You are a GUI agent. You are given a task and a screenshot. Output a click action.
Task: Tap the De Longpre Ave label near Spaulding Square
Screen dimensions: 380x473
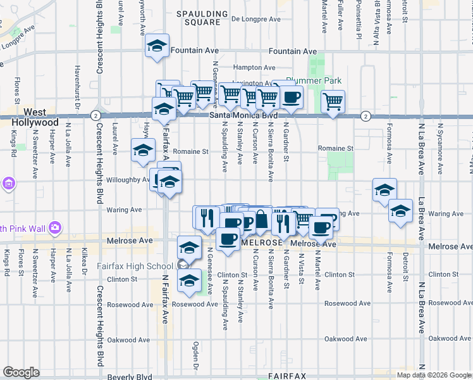point(255,19)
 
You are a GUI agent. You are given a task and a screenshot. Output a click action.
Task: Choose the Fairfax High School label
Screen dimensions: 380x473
point(135,266)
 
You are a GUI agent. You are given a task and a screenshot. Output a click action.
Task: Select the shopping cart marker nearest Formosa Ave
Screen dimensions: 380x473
point(333,101)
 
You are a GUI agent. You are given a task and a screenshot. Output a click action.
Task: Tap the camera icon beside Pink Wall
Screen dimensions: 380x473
point(55,227)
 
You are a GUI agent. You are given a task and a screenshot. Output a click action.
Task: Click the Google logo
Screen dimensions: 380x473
point(21,372)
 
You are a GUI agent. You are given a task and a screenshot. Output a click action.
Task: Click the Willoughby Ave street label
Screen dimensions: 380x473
point(127,180)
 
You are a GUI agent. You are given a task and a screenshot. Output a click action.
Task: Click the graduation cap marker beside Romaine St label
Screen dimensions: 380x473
point(143,151)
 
